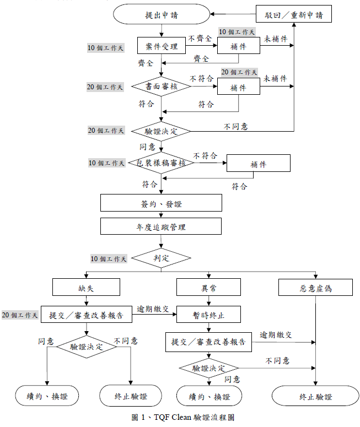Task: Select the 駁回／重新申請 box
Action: [x=294, y=14]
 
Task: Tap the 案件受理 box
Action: [x=161, y=46]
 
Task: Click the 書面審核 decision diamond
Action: [x=161, y=87]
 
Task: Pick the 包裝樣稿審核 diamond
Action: [x=161, y=163]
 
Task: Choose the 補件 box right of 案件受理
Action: [x=238, y=46]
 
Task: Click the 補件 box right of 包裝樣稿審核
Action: [x=258, y=164]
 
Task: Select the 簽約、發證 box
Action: [x=161, y=203]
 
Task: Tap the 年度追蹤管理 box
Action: [x=161, y=226]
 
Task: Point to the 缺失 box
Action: [x=86, y=288]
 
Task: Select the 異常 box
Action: [x=208, y=288]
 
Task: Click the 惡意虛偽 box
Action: [x=316, y=288]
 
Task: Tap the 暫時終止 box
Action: [x=208, y=315]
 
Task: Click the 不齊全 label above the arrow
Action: [x=200, y=39]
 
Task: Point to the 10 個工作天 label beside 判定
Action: [x=109, y=258]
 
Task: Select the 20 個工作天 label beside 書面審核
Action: [x=105, y=87]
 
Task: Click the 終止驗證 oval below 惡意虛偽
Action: [x=316, y=396]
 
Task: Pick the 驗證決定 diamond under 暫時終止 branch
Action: [x=208, y=367]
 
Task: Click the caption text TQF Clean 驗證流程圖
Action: [x=182, y=417]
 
